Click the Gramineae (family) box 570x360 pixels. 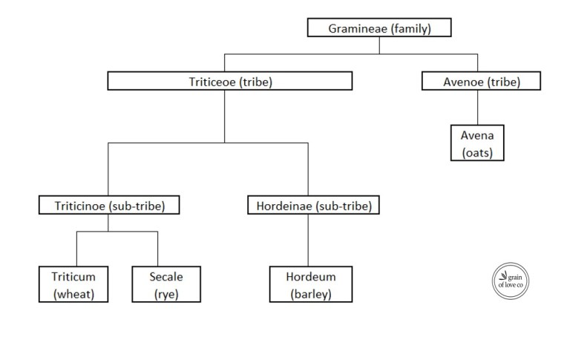point(379,29)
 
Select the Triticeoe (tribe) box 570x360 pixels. point(229,81)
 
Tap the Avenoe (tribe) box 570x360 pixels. point(481,81)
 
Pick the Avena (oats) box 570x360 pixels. point(477,143)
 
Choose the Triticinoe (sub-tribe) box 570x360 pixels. point(108,206)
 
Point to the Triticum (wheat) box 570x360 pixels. point(74,285)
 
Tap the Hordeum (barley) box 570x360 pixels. point(310,285)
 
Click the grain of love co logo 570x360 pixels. point(511,282)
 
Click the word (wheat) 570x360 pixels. point(74,294)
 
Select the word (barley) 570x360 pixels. point(310,294)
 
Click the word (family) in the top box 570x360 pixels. point(407,29)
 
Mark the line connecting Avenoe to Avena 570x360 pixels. point(477,108)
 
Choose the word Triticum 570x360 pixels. point(74,277)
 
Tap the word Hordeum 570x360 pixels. point(310,277)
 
